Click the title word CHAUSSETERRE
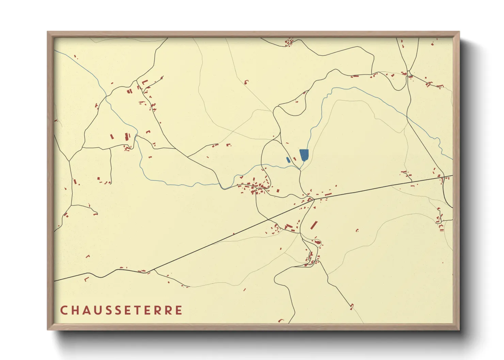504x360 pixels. (x=121, y=310)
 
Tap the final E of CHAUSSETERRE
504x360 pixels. (x=179, y=310)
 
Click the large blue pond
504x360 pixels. (x=304, y=155)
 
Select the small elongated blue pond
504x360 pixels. (x=288, y=160)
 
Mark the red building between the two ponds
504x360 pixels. (x=295, y=159)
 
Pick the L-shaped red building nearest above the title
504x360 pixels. (x=86, y=279)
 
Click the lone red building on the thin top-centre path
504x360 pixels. (x=246, y=81)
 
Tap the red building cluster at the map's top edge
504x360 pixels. (x=289, y=42)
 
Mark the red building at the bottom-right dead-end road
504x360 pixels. (x=352, y=306)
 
